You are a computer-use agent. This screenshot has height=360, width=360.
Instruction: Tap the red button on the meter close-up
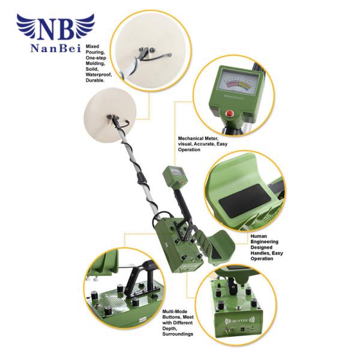(x=229, y=114)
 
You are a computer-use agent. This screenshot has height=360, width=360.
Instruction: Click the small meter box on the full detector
(x=173, y=176)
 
